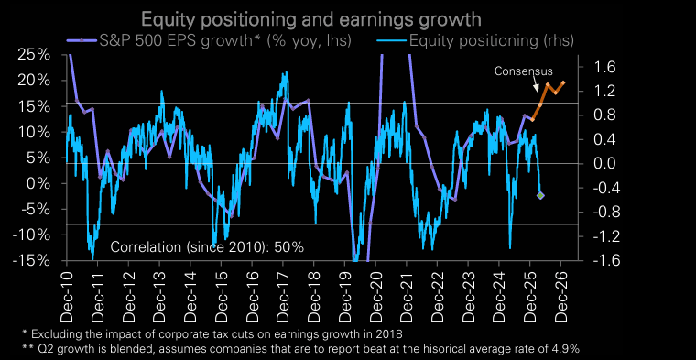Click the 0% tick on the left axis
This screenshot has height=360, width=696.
37,183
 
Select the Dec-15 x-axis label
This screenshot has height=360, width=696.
221,291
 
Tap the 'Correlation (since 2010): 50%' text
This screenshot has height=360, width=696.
206,247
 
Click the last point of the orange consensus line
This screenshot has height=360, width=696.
563,83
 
